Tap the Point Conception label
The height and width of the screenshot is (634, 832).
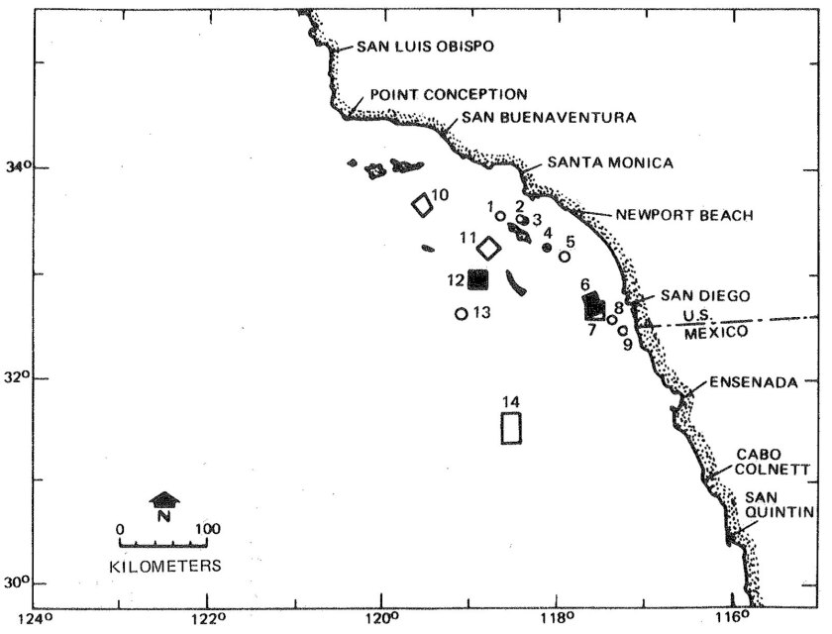tap(448, 95)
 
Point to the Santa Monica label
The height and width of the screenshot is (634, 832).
tap(610, 162)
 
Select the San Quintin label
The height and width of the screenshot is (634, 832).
tap(779, 504)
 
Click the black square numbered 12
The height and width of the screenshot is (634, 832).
tap(478, 279)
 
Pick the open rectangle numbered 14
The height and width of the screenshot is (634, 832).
tap(511, 427)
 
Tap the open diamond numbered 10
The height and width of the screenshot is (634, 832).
tap(423, 205)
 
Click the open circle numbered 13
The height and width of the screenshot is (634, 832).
tap(461, 314)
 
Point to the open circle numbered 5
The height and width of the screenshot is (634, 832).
tap(565, 257)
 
